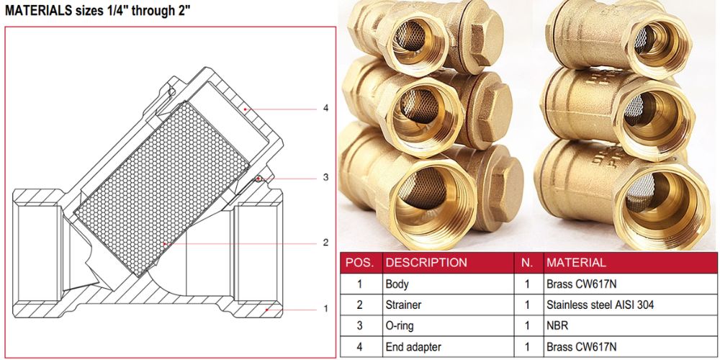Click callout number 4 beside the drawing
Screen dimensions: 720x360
(x=325, y=109)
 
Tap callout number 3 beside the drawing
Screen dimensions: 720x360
(x=325, y=177)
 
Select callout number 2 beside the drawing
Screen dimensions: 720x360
(x=325, y=243)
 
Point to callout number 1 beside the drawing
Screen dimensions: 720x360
(x=325, y=309)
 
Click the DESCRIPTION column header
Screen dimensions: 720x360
(x=426, y=263)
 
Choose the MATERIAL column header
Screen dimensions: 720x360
(x=576, y=263)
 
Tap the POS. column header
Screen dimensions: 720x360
(x=360, y=263)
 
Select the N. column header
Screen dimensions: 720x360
(x=527, y=263)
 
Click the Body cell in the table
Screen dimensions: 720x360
(x=397, y=284)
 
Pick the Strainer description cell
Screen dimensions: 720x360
(x=403, y=305)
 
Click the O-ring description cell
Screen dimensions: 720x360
(x=400, y=325)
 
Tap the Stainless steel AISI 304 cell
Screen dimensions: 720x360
(x=600, y=305)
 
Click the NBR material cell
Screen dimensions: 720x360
(x=557, y=325)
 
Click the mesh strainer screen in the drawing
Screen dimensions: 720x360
(x=161, y=188)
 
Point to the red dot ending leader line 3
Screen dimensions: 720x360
(x=259, y=178)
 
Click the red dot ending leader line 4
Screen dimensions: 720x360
(x=246, y=109)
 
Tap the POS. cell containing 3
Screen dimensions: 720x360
(x=359, y=325)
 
